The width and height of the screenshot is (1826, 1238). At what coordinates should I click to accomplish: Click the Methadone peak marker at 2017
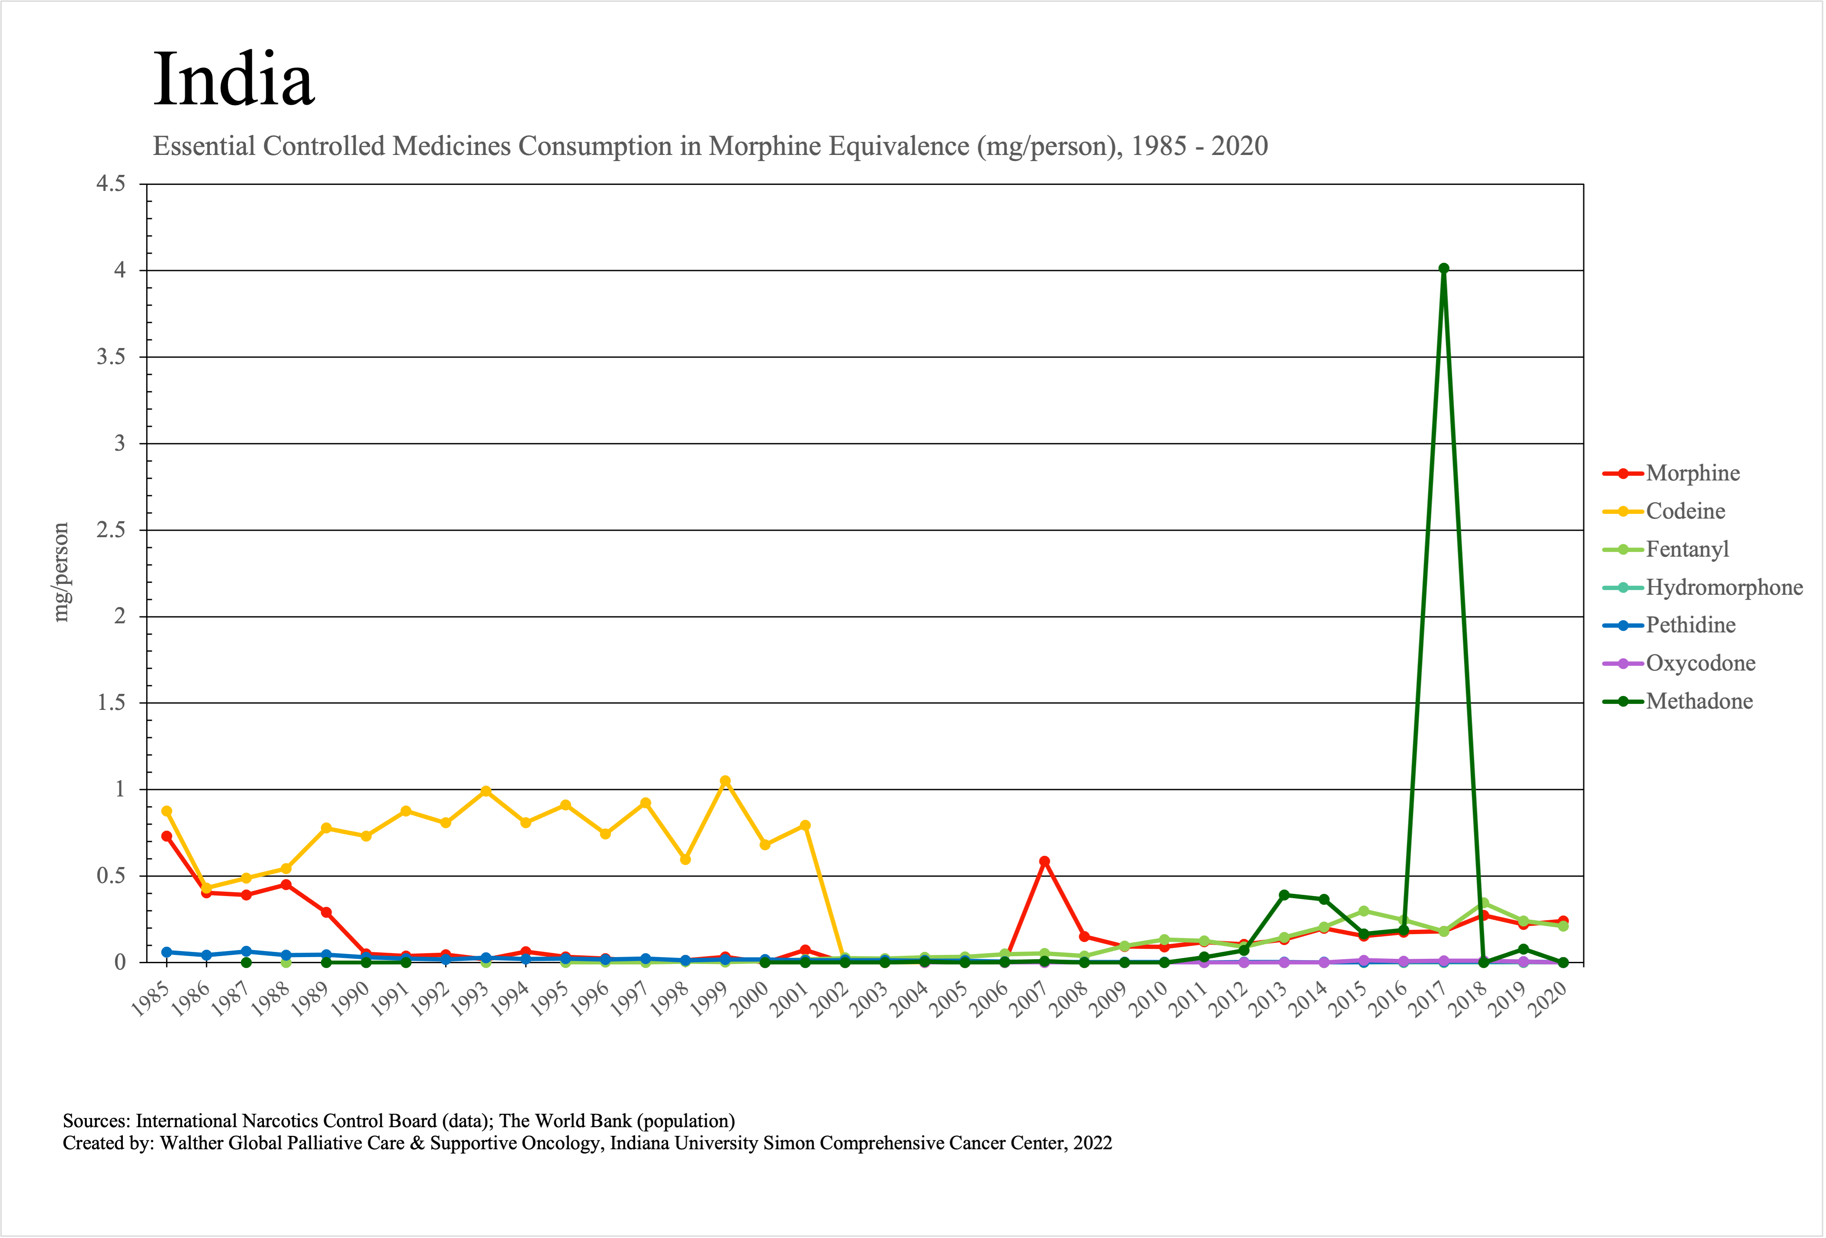[x=1443, y=269]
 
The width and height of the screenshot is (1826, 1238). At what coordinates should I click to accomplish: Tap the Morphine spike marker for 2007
[x=1044, y=861]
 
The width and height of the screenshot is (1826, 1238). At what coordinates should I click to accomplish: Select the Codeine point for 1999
[x=725, y=781]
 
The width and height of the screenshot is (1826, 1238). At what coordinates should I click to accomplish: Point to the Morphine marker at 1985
[x=167, y=836]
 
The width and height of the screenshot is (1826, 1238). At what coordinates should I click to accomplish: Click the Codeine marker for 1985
[x=167, y=811]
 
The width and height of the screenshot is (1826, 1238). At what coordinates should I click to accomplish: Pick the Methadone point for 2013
[x=1284, y=895]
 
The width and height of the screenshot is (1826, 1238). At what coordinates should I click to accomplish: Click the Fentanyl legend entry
[x=1687, y=549]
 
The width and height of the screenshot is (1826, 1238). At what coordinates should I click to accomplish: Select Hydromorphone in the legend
[x=1724, y=587]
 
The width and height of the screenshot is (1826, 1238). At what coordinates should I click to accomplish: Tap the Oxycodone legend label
[x=1700, y=664]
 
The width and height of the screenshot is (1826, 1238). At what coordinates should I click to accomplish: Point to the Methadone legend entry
[x=1699, y=701]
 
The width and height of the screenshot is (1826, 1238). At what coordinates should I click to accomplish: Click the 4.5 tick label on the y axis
[x=111, y=184]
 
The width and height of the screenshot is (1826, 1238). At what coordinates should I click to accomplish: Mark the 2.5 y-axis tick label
[x=111, y=530]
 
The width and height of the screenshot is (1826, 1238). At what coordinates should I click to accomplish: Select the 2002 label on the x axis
[x=831, y=1001]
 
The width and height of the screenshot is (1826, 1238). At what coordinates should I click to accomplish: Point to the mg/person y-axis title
[x=61, y=572]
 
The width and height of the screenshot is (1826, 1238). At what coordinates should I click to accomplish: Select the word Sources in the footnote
[x=95, y=1121]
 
